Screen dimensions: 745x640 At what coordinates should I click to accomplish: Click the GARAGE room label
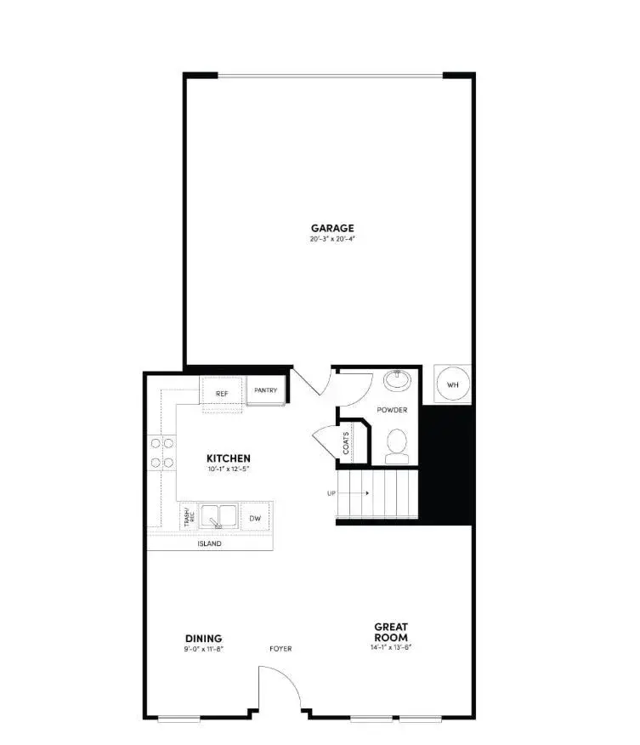[331, 227]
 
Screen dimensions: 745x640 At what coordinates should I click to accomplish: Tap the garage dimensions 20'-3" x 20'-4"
[331, 239]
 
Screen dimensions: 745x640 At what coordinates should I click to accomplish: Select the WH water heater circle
[452, 385]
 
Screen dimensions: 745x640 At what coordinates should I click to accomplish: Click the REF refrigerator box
[222, 393]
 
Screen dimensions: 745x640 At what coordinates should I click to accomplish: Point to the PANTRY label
[266, 390]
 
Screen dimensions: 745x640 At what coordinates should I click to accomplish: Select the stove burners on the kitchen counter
[161, 452]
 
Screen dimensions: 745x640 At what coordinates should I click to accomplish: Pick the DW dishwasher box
[254, 517]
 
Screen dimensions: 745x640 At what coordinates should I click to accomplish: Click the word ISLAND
[209, 543]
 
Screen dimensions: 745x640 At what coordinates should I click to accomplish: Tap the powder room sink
[397, 379]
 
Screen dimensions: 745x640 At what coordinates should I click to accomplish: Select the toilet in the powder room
[396, 445]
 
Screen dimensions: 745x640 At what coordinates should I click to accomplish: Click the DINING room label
[203, 639]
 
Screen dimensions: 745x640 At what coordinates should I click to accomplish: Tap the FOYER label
[280, 649]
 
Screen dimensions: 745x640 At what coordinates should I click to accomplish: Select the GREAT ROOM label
[391, 632]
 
